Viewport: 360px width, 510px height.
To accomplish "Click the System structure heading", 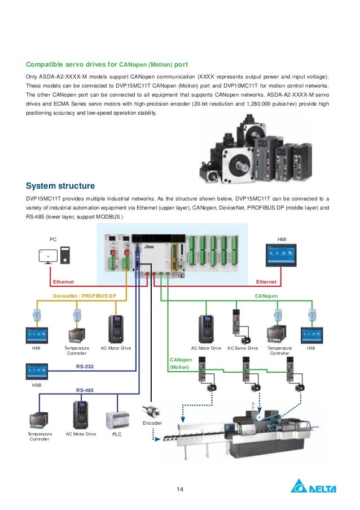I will (60, 186).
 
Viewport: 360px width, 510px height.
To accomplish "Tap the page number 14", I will (180, 489).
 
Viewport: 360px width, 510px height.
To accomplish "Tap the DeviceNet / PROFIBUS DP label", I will (84, 295).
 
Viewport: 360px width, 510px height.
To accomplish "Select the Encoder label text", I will (152, 422).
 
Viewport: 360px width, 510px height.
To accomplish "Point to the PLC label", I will (116, 434).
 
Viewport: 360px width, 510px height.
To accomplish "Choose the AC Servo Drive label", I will (242, 348).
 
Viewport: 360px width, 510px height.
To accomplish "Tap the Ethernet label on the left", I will (63, 281).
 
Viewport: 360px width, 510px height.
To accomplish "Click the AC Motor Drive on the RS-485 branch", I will (81, 415).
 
